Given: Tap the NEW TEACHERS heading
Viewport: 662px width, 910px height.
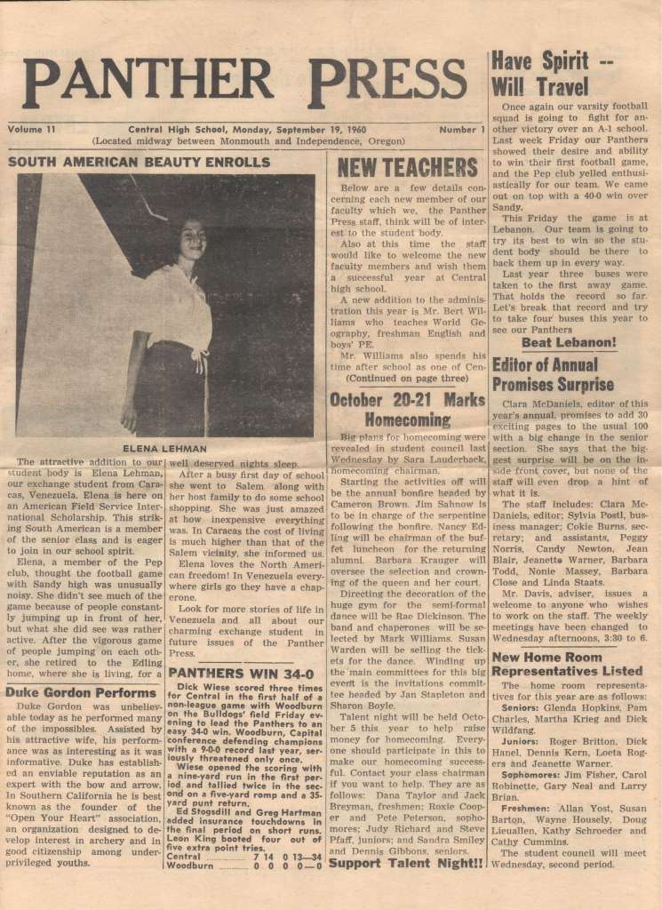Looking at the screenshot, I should (407, 168).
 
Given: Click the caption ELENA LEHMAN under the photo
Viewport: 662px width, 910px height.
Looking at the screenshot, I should (164, 449).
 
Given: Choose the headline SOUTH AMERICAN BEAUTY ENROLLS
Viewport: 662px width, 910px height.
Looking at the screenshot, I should (139, 163).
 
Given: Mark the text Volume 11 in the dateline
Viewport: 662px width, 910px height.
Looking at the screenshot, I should (32, 130).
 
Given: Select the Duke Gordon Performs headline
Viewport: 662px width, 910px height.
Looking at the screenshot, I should (69, 691).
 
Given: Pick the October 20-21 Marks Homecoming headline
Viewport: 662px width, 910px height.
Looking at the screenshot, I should (407, 410).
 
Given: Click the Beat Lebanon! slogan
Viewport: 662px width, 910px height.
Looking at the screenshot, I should (569, 342).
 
